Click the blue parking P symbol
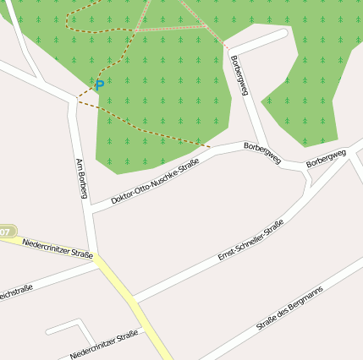pos(99,85)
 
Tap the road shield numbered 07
pos(6,231)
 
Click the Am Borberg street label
pos(82,178)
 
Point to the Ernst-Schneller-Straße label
pos(250,239)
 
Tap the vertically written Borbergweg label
pos(239,75)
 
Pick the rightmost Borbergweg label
pos(327,158)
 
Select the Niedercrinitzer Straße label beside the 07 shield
pos(58,247)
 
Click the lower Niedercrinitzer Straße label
pos(104,341)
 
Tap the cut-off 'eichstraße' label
pos(15,291)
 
